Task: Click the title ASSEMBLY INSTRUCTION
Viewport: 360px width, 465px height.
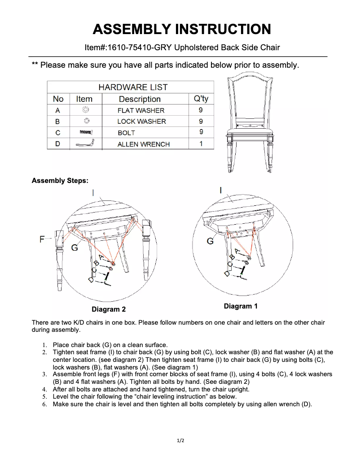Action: click(x=181, y=29)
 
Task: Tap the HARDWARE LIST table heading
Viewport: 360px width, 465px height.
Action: click(x=133, y=87)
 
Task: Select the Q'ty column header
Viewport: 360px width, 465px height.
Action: click(x=201, y=99)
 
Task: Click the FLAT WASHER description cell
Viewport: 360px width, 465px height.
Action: click(x=140, y=110)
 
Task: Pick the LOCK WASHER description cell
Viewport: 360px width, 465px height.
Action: click(x=141, y=122)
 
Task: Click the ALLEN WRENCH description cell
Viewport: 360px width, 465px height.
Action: click(x=143, y=144)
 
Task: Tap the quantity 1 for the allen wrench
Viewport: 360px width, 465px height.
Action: click(x=201, y=144)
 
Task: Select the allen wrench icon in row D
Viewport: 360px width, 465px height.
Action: click(x=85, y=143)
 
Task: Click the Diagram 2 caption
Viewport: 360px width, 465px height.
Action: click(x=109, y=309)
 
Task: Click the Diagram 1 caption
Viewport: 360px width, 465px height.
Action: click(x=241, y=306)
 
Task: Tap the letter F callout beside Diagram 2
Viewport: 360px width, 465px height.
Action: click(x=42, y=239)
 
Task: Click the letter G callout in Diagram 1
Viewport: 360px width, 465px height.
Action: click(x=210, y=242)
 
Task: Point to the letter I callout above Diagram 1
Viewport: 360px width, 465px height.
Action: click(x=220, y=190)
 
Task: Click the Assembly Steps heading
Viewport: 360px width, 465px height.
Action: click(x=60, y=181)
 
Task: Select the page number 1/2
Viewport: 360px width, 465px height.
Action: click(x=180, y=441)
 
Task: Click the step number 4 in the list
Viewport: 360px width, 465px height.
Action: click(x=44, y=389)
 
